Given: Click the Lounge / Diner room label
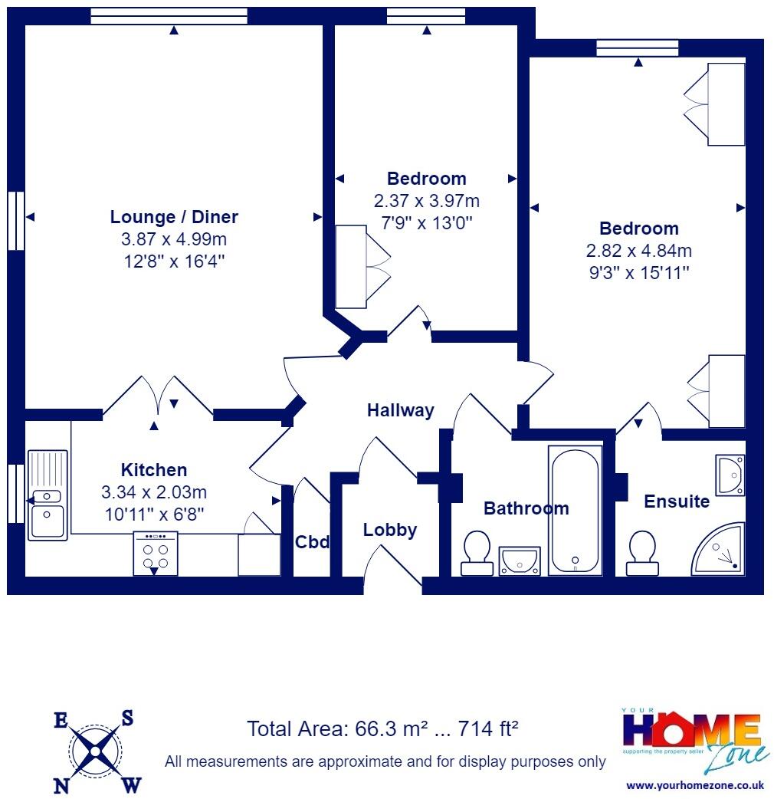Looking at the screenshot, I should [x=174, y=217].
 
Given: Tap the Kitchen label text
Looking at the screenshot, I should [x=154, y=470].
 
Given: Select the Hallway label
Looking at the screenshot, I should [x=400, y=410].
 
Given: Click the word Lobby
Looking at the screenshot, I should [x=390, y=530].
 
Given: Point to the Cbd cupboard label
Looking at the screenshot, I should [x=312, y=542].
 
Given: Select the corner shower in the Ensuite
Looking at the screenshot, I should [x=719, y=550].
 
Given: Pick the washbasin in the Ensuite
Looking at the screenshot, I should [x=730, y=475].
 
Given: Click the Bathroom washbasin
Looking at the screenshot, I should [x=520, y=561].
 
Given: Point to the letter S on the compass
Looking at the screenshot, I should [x=128, y=718].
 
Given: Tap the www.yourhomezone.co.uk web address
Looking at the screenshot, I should [x=695, y=785].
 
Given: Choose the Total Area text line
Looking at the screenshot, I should [x=383, y=728].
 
